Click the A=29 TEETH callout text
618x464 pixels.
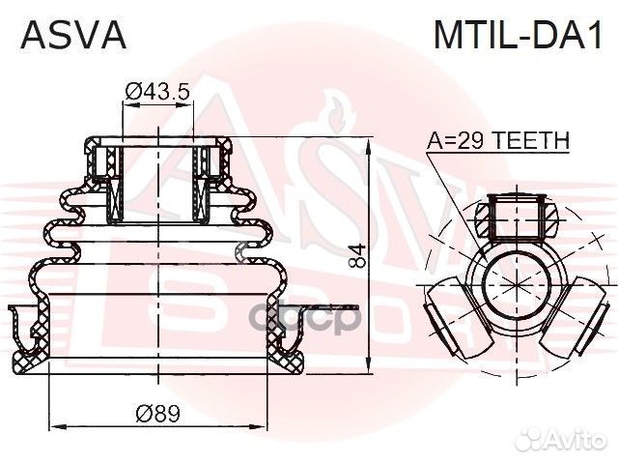(498, 141)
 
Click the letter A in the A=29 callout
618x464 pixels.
(435, 141)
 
